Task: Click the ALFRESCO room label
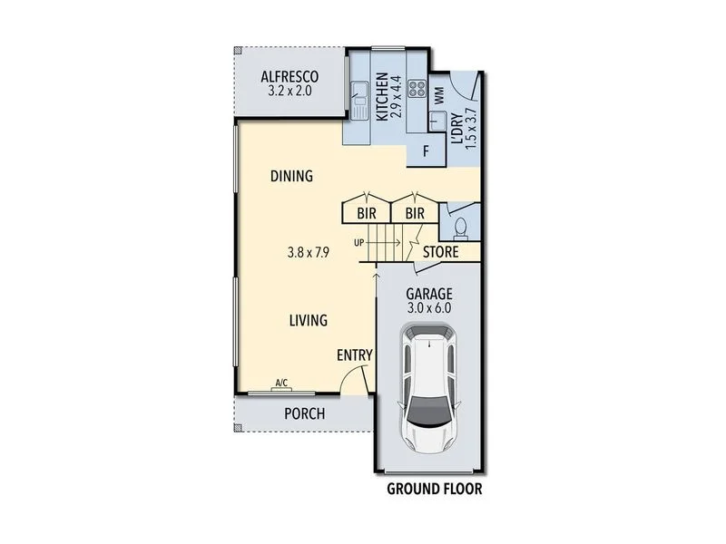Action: pos(290,76)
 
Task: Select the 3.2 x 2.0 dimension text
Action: pos(290,91)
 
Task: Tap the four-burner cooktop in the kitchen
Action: pos(418,89)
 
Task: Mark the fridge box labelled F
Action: pos(427,151)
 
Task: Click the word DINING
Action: pos(291,176)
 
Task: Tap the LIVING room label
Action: pos(309,320)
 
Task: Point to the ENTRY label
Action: pos(354,355)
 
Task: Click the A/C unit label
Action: pos(281,384)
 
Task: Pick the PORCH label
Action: pos(304,413)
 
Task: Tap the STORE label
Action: pos(441,252)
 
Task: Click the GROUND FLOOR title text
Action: pos(434,490)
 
